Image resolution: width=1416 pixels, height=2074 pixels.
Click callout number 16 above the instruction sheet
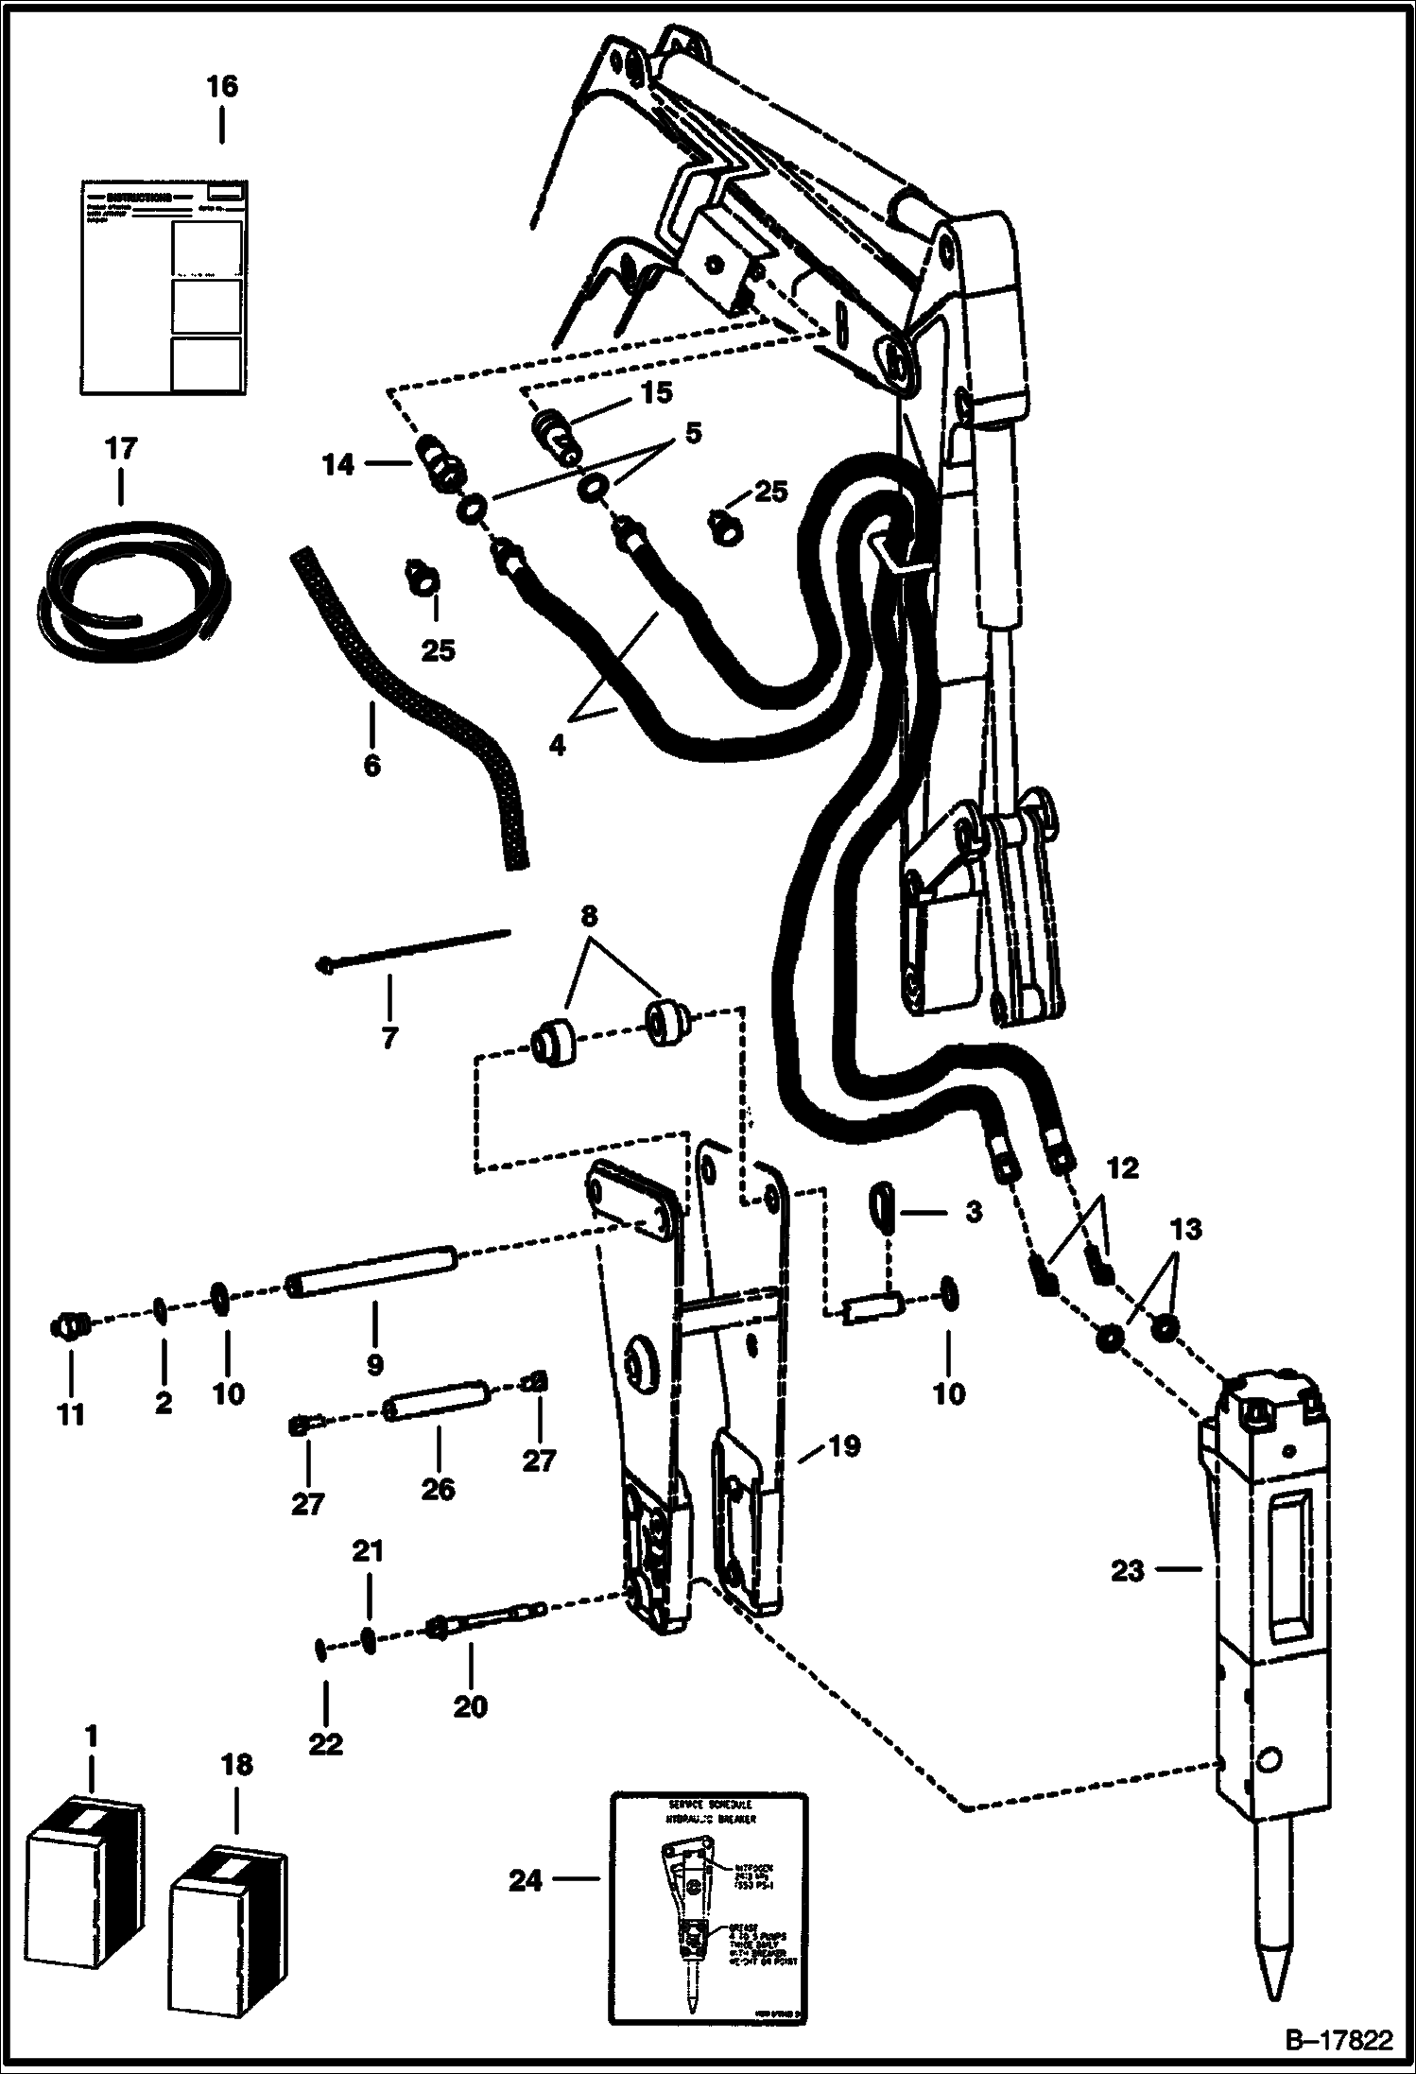pos(222,87)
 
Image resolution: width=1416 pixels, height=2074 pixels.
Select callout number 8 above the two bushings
pos(588,917)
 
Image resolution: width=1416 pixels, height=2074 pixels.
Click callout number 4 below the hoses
pos(557,745)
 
